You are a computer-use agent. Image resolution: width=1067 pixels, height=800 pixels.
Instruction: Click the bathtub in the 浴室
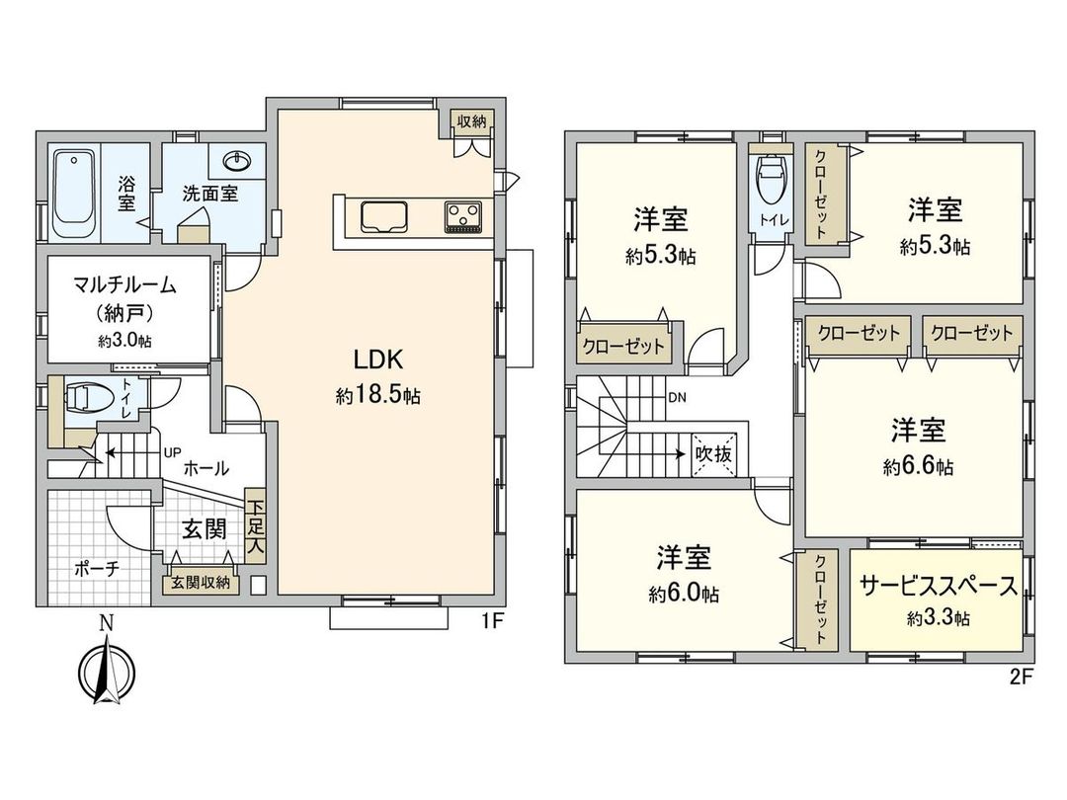click(73, 194)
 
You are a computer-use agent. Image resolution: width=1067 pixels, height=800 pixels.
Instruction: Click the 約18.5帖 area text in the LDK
click(378, 396)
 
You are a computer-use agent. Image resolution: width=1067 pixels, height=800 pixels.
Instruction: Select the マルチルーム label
click(124, 286)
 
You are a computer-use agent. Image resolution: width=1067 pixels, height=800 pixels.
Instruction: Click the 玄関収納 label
click(201, 583)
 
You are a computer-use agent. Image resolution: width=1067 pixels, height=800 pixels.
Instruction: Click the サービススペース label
click(937, 587)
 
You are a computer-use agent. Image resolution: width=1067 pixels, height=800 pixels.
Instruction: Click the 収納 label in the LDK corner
click(471, 120)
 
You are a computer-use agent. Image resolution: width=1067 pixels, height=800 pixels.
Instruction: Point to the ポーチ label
click(97, 569)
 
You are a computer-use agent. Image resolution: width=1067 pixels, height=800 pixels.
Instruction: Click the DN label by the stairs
click(678, 399)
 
